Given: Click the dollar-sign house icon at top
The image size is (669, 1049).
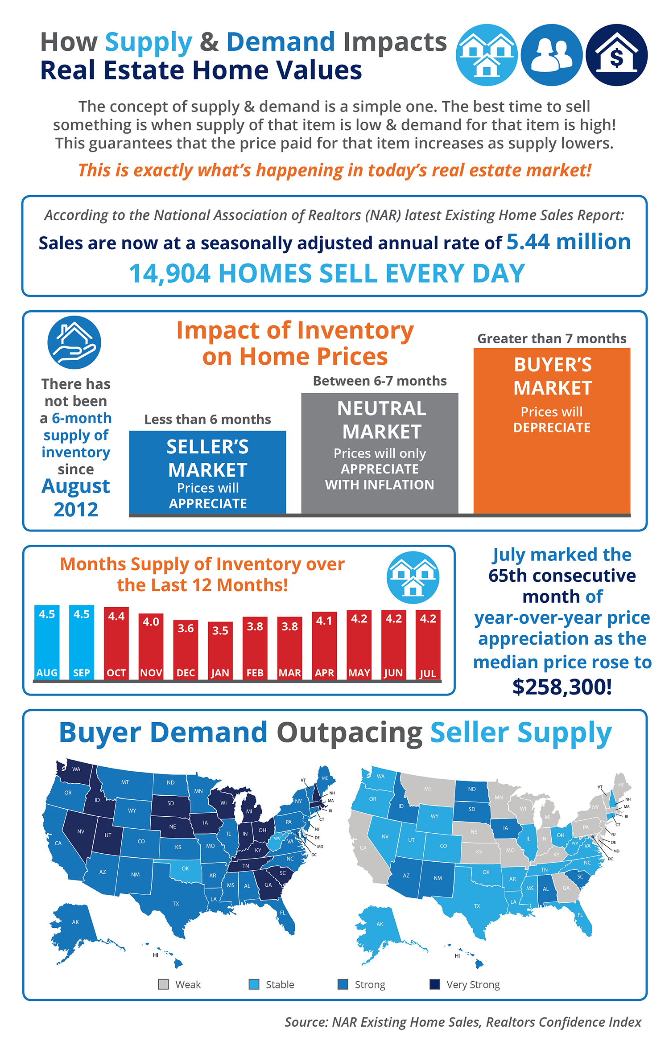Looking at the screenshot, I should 616,55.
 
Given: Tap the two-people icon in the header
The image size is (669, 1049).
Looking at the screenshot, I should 552,55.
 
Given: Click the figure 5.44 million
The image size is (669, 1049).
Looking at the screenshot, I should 569,242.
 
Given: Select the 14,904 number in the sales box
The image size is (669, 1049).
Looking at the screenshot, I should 169,273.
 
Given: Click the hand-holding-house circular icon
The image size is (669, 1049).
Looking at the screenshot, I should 74,342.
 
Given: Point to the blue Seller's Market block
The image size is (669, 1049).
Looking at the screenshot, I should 207,473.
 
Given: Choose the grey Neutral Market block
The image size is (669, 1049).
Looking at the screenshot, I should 380,453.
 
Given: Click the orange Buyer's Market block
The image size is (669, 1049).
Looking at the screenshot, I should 552,430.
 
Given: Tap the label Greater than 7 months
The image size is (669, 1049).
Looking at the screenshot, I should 552,339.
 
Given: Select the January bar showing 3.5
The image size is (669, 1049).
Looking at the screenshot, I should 220,651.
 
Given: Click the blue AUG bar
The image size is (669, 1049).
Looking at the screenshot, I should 47,642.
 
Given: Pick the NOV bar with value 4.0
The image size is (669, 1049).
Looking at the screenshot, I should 151,646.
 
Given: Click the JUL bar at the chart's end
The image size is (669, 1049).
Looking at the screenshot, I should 428,645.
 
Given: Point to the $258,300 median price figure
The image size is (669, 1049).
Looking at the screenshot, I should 562,687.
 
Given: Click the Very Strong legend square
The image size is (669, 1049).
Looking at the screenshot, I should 434,984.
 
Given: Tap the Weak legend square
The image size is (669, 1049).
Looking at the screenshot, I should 164,984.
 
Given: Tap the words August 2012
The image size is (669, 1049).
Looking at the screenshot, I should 76,498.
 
